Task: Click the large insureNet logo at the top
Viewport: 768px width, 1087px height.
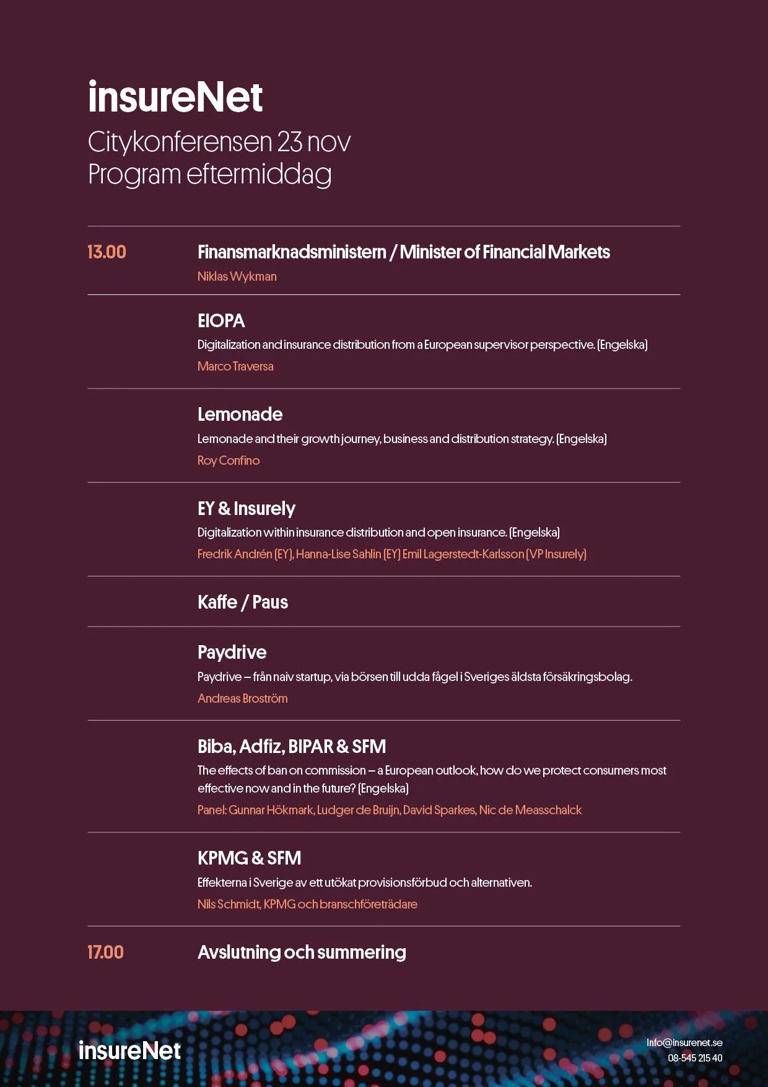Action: point(175,98)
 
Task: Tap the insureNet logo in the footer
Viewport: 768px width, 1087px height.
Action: point(129,1051)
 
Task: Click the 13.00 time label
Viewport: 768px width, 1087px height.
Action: point(107,252)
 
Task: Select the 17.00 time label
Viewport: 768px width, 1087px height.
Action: point(105,953)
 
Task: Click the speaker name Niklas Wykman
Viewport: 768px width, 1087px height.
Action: point(237,276)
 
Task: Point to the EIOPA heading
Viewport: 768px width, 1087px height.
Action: point(221,321)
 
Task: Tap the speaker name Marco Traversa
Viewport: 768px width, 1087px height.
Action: point(235,366)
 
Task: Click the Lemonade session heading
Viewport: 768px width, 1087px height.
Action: point(240,415)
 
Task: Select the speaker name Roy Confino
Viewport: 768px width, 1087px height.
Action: point(229,460)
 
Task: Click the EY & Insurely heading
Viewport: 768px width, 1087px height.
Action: point(246,509)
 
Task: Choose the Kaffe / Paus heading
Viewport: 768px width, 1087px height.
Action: point(243,602)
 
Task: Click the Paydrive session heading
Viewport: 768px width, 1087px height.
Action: point(232,653)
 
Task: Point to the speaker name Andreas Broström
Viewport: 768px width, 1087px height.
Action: point(242,698)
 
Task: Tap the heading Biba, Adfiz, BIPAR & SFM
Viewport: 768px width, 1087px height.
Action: point(292,747)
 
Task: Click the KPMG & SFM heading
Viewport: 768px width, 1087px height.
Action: point(249,858)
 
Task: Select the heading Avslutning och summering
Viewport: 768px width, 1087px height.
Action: point(302,953)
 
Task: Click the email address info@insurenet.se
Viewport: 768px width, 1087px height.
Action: point(684,1042)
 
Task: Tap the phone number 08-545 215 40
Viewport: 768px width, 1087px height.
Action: point(695,1058)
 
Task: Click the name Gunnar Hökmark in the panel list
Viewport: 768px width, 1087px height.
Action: point(271,810)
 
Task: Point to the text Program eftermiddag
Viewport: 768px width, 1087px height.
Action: point(209,174)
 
